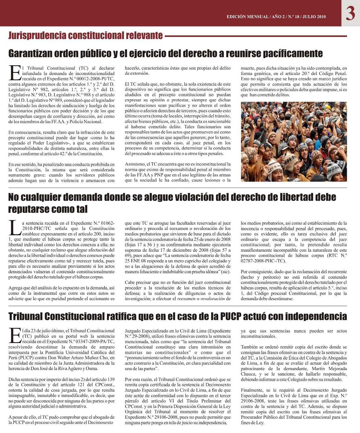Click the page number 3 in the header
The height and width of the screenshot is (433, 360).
(x=350, y=14)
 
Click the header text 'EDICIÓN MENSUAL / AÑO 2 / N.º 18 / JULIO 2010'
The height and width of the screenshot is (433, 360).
(x=276, y=17)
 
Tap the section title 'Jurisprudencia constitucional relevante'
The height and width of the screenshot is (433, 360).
(x=86, y=36)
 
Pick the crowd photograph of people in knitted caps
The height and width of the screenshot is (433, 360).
(x=294, y=141)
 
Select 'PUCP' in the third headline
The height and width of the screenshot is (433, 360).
(x=231, y=317)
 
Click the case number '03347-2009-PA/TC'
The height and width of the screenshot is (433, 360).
(x=95, y=342)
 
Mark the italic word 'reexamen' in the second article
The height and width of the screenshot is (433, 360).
(x=186, y=299)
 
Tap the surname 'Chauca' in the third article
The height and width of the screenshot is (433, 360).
(x=248, y=374)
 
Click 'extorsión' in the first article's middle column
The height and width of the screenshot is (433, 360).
(x=139, y=74)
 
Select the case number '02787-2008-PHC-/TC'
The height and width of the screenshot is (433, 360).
(x=263, y=261)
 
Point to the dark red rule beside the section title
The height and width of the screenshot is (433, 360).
(x=256, y=36)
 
